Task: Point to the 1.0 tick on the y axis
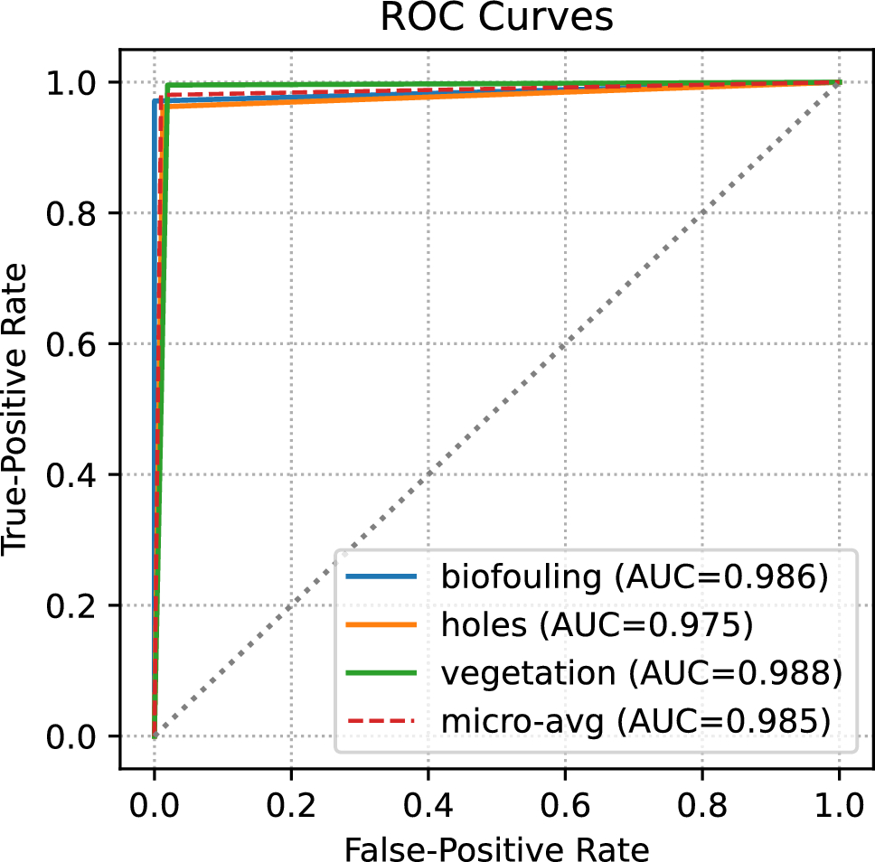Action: (84, 82)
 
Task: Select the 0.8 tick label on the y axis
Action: (84, 213)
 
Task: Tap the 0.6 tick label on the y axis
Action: (84, 344)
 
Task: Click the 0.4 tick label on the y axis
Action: (84, 475)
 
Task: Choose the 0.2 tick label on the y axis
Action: (84, 606)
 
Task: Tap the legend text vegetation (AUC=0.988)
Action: (642, 672)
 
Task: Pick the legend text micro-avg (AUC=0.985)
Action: (635, 720)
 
